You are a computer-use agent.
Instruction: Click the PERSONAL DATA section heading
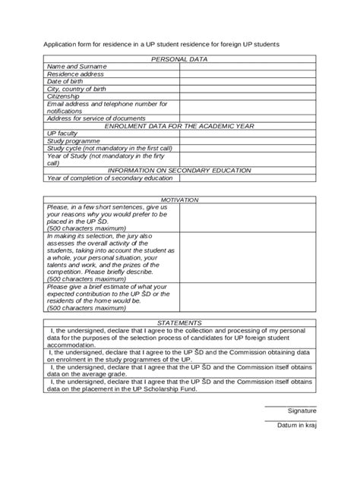tap(179, 58)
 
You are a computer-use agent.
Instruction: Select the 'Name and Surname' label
tap(77, 67)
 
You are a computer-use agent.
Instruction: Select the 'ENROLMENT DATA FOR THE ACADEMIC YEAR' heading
tap(179, 126)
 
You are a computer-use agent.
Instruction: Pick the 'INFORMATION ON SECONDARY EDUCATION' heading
tap(179, 170)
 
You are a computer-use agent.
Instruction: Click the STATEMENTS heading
tap(179, 322)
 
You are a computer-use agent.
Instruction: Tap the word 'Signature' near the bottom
tap(302, 410)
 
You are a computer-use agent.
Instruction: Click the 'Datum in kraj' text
tap(296, 425)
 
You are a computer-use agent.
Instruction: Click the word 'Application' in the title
tap(60, 45)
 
